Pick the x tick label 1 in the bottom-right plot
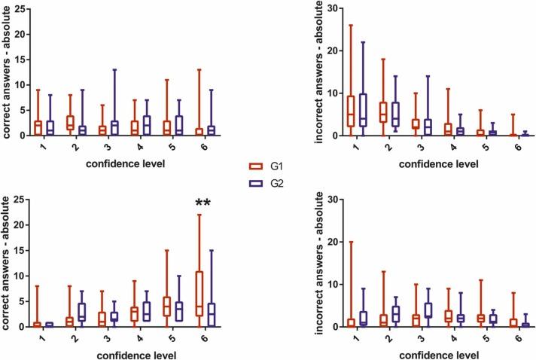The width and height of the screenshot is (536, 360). pyautogui.click(x=336, y=338)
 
